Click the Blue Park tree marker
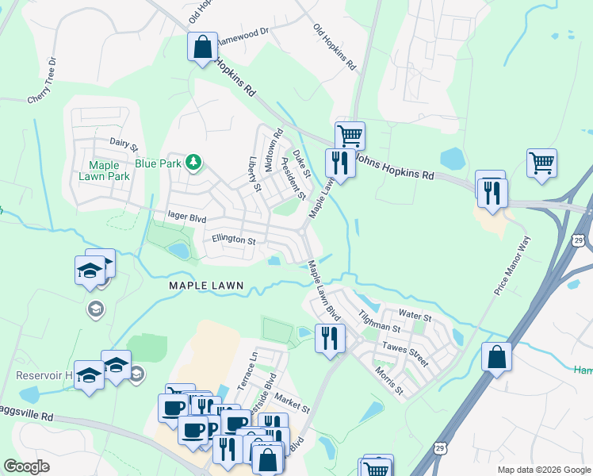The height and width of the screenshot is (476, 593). [x=193, y=163]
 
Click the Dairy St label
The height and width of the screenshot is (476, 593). [x=124, y=144]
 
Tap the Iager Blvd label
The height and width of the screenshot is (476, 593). [x=187, y=216]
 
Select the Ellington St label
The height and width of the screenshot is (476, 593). [x=233, y=240]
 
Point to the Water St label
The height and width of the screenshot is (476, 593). [x=415, y=317]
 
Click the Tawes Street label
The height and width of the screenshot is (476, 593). [x=405, y=354]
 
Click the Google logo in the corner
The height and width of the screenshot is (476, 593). [x=27, y=466]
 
